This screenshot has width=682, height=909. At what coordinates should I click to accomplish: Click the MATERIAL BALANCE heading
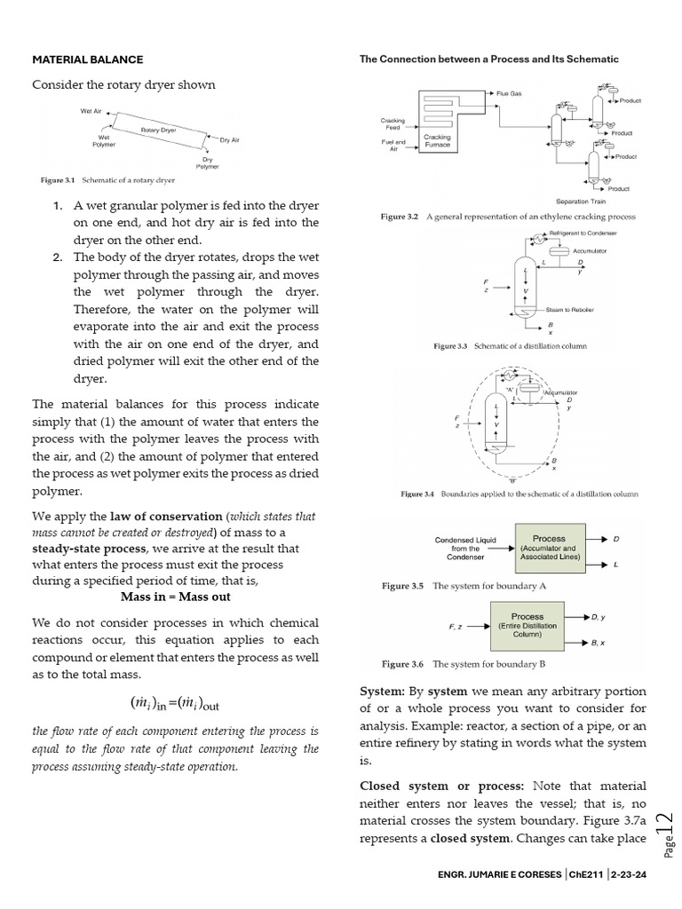87,59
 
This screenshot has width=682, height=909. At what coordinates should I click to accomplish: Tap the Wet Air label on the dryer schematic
92,111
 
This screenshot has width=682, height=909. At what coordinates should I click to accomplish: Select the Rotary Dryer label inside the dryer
158,130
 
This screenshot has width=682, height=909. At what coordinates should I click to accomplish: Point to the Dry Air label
230,140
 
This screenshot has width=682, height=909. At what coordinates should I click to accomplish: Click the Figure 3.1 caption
107,180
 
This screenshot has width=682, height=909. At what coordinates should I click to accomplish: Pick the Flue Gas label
509,93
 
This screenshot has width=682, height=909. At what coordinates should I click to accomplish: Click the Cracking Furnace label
437,141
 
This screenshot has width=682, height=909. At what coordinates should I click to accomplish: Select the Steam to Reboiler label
569,309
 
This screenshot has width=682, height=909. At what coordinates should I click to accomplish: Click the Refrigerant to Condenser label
583,233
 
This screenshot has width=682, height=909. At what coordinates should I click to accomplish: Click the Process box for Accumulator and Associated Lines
548,549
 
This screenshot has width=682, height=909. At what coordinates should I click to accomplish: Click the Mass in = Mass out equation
175,597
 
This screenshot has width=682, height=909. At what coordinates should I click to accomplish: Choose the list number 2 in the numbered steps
56,257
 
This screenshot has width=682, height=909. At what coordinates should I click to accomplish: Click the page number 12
664,833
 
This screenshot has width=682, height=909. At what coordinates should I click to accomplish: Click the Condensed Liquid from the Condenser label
464,549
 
